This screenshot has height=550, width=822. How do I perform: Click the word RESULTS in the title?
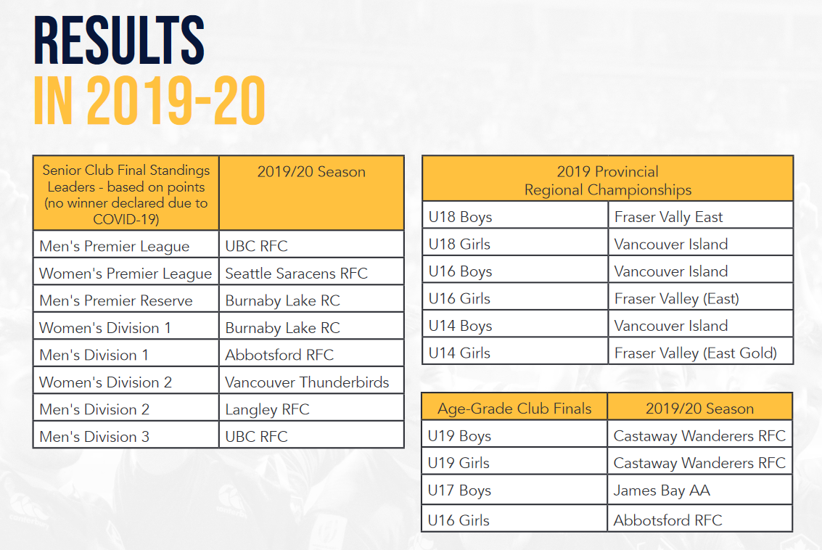119,41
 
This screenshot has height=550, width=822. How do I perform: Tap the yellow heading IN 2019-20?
149,101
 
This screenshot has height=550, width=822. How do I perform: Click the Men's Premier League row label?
115,247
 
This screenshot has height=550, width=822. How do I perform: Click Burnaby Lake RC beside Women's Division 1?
282,328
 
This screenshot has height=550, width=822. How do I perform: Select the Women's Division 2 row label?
105,382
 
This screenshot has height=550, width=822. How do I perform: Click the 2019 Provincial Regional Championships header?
607,181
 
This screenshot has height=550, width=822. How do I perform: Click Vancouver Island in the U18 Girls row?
671,245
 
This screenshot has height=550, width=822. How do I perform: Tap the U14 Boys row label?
460,326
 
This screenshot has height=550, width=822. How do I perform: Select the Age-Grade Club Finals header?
514,409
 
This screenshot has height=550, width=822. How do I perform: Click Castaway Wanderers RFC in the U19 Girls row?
699,464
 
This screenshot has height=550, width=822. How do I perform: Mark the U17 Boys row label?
459,491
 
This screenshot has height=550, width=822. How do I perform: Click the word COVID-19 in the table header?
126,219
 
